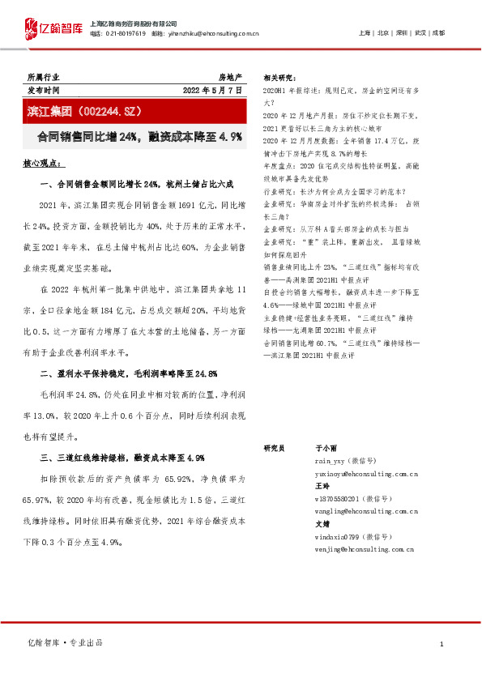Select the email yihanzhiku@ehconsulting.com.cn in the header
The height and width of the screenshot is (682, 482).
click(x=213, y=34)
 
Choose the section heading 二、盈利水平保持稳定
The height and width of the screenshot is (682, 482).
click(x=128, y=373)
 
